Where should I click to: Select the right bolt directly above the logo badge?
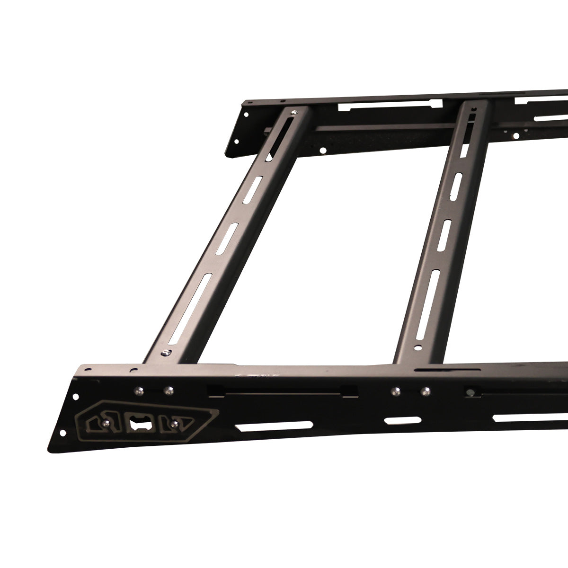click(x=167, y=390)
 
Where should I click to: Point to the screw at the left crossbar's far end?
click(x=295, y=112)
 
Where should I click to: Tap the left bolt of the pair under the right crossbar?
click(x=394, y=390)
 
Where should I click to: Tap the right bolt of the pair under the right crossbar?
click(x=425, y=391)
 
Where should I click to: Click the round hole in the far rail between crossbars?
click(x=322, y=150)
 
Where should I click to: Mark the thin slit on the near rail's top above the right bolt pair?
click(x=429, y=369)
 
